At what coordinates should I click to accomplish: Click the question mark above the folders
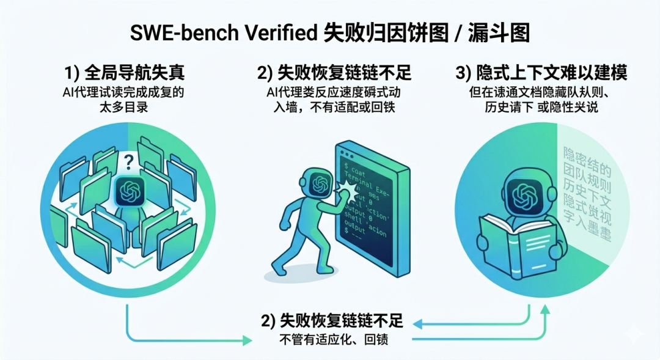tap(128, 161)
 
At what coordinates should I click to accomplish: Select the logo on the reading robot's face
tap(522, 195)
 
